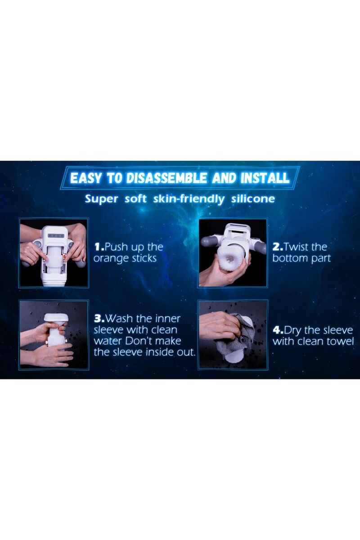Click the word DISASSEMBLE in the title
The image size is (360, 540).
click(x=167, y=178)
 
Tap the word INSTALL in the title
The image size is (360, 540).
click(x=265, y=178)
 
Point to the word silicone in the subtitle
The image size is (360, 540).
click(x=253, y=199)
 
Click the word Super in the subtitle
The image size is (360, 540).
click(x=102, y=199)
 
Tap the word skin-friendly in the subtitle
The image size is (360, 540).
click(x=189, y=199)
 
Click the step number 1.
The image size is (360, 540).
click(x=99, y=247)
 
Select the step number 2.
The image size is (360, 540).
click(x=278, y=247)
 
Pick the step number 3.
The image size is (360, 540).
click(x=99, y=319)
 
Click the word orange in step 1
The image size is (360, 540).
click(x=109, y=259)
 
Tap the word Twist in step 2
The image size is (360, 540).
click(x=295, y=247)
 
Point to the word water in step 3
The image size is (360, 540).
click(x=108, y=341)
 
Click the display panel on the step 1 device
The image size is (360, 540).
click(x=56, y=236)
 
